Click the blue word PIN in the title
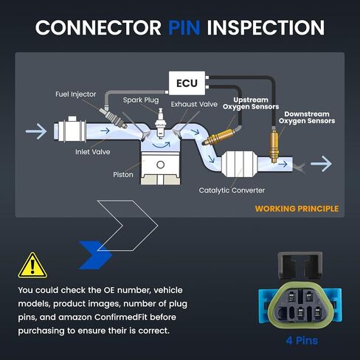[x=184, y=27]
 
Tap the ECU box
[x=187, y=83]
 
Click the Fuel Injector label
[x=76, y=94]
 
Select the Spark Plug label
[x=141, y=100]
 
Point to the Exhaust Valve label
[x=194, y=104]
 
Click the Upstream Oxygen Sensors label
[x=251, y=103]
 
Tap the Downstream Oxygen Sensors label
[x=307, y=117]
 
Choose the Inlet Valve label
[x=93, y=152]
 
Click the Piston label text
[x=123, y=175]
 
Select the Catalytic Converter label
[x=232, y=190]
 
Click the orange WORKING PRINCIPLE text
[x=297, y=209]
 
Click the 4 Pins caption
[x=302, y=341]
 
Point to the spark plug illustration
[x=161, y=123]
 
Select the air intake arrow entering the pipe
[x=36, y=131]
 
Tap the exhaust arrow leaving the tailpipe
[x=321, y=164]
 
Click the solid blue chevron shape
[x=95, y=255]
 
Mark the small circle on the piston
[x=160, y=165]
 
